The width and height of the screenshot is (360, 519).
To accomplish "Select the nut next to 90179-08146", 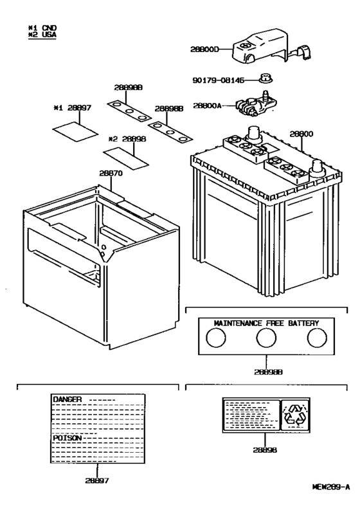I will tap(264, 80).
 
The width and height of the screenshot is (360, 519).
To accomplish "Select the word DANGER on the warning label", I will tap(67, 399).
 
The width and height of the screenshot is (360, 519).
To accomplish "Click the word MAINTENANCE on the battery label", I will tap(233, 322).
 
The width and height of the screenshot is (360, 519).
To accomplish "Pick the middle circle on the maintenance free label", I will tap(266, 338).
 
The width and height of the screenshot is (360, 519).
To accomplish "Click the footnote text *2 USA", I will tap(42, 35).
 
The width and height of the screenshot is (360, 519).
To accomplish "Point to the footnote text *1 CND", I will tap(42, 28).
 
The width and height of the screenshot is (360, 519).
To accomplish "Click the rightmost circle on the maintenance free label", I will tap(316, 338).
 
